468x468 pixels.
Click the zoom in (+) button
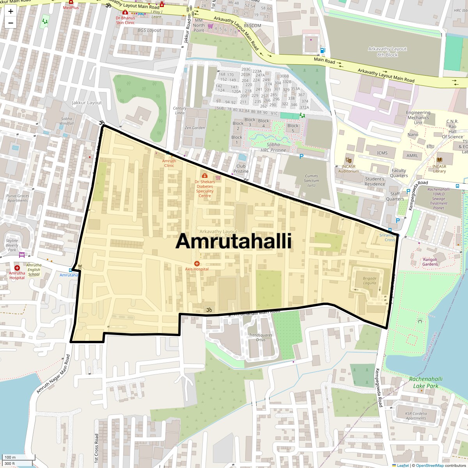click(11, 11)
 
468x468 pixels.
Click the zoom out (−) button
click(11, 23)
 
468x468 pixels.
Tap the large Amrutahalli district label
click(234, 241)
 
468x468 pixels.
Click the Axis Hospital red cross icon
click(197, 264)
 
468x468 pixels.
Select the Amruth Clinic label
click(169, 163)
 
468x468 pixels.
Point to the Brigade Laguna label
click(370, 281)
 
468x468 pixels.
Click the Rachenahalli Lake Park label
click(426, 382)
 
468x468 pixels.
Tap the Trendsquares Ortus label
click(261, 337)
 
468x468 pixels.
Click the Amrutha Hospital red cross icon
click(17, 268)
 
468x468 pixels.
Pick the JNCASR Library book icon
click(440, 160)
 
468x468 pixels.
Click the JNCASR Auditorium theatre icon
click(348, 160)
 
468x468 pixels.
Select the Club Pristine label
click(241, 168)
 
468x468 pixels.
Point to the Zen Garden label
click(195, 128)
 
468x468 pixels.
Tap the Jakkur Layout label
click(87, 103)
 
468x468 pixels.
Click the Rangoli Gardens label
click(430, 262)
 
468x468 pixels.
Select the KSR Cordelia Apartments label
click(416, 416)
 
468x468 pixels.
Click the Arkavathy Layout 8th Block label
click(387, 52)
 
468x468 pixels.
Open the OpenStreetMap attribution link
click(429, 465)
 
